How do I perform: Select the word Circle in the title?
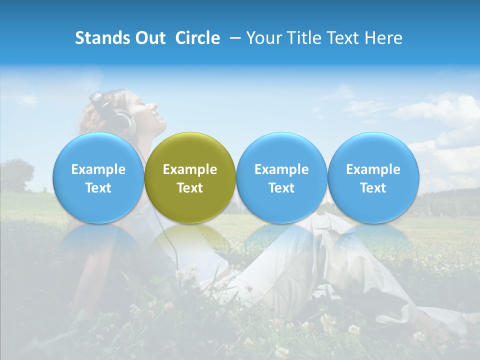click(x=197, y=38)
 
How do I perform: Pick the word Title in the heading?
click(x=301, y=38)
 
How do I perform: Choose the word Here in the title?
click(x=383, y=38)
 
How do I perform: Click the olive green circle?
click(x=190, y=177)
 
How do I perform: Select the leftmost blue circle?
click(x=98, y=177)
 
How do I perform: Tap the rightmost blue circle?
click(x=373, y=177)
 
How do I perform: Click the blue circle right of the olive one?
click(x=281, y=177)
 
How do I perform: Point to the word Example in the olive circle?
click(x=190, y=169)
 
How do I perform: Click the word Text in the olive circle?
click(x=190, y=188)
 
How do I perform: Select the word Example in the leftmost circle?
click(x=98, y=169)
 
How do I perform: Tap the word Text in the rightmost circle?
click(x=373, y=188)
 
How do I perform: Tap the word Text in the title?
click(x=341, y=38)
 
